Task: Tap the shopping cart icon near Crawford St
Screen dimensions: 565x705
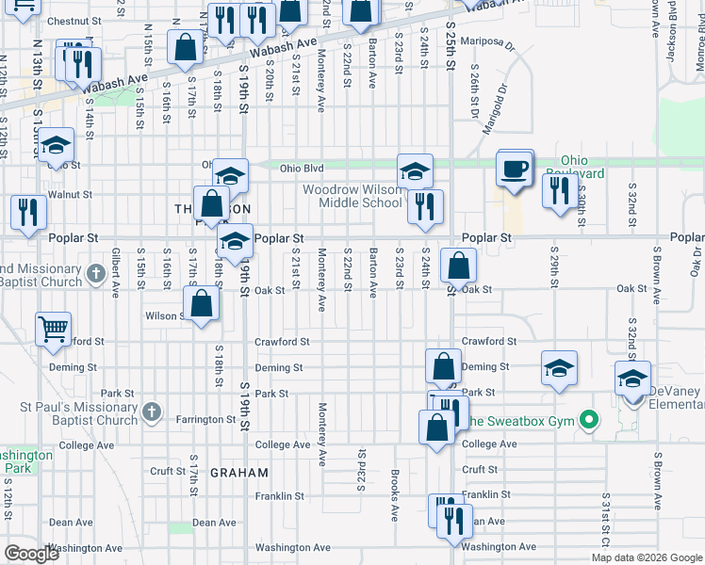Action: tap(54, 330)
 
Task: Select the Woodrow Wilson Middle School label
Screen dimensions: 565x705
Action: tap(352, 196)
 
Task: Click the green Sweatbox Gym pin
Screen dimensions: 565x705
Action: tap(590, 420)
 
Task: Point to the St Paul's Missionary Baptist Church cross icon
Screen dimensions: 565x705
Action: tap(150, 412)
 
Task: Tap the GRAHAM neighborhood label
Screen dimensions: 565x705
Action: tap(239, 473)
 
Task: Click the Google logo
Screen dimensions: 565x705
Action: tap(31, 554)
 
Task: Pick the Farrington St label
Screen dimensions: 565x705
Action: tap(206, 419)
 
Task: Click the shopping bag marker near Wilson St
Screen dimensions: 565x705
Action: tap(201, 305)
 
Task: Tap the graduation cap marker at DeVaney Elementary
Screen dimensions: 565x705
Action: tap(632, 379)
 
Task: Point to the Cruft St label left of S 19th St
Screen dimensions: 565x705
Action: tap(167, 470)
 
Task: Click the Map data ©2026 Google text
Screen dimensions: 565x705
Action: tap(646, 557)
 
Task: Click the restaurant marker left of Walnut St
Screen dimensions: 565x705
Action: tap(27, 213)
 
